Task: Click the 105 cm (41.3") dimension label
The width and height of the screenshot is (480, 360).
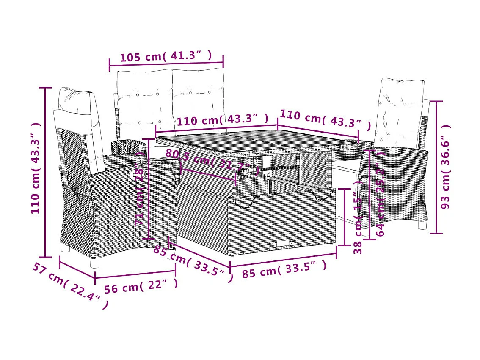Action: point(166,56)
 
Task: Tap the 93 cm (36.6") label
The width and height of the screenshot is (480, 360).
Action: point(445,167)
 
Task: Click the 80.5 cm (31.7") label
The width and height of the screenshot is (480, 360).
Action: point(212,163)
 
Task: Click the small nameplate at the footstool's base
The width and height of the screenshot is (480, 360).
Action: point(283,243)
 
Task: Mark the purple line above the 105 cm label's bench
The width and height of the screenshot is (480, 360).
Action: point(166,65)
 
